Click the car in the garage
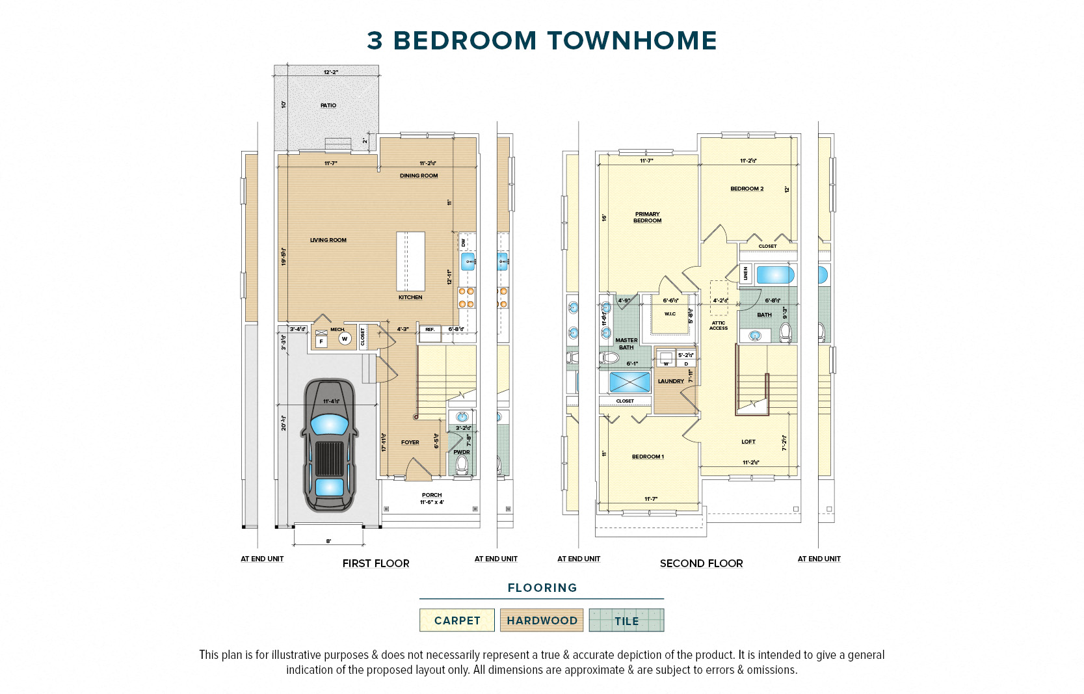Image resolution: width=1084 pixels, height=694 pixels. click(x=329, y=446)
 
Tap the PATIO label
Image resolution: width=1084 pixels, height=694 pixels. click(x=328, y=105)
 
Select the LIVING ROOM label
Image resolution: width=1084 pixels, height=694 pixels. click(x=328, y=240)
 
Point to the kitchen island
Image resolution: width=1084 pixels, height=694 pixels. click(x=410, y=261)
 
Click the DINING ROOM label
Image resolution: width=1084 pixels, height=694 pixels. click(x=419, y=176)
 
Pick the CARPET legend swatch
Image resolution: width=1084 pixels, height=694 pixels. click(x=457, y=621)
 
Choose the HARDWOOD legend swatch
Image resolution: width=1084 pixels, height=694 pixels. click(x=542, y=621)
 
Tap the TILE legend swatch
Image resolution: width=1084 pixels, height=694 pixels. click(x=626, y=621)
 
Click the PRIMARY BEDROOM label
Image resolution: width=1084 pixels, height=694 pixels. click(x=647, y=217)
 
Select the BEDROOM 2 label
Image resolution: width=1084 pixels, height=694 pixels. click(x=747, y=189)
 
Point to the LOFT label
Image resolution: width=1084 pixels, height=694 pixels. click(x=748, y=442)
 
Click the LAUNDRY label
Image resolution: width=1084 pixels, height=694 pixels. click(x=670, y=381)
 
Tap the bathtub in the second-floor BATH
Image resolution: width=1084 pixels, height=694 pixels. click(x=775, y=274)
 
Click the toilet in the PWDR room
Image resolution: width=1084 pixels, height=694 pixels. click(x=462, y=464)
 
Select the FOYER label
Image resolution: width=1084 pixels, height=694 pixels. click(x=410, y=442)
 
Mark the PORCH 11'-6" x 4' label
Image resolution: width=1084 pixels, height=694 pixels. click(x=432, y=498)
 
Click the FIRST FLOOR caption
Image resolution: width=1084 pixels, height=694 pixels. click(x=376, y=563)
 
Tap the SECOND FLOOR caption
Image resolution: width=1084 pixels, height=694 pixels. click(x=701, y=563)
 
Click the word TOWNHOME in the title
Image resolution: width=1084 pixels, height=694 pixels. click(x=631, y=40)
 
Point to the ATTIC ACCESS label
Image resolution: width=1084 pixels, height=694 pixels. click(x=718, y=325)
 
